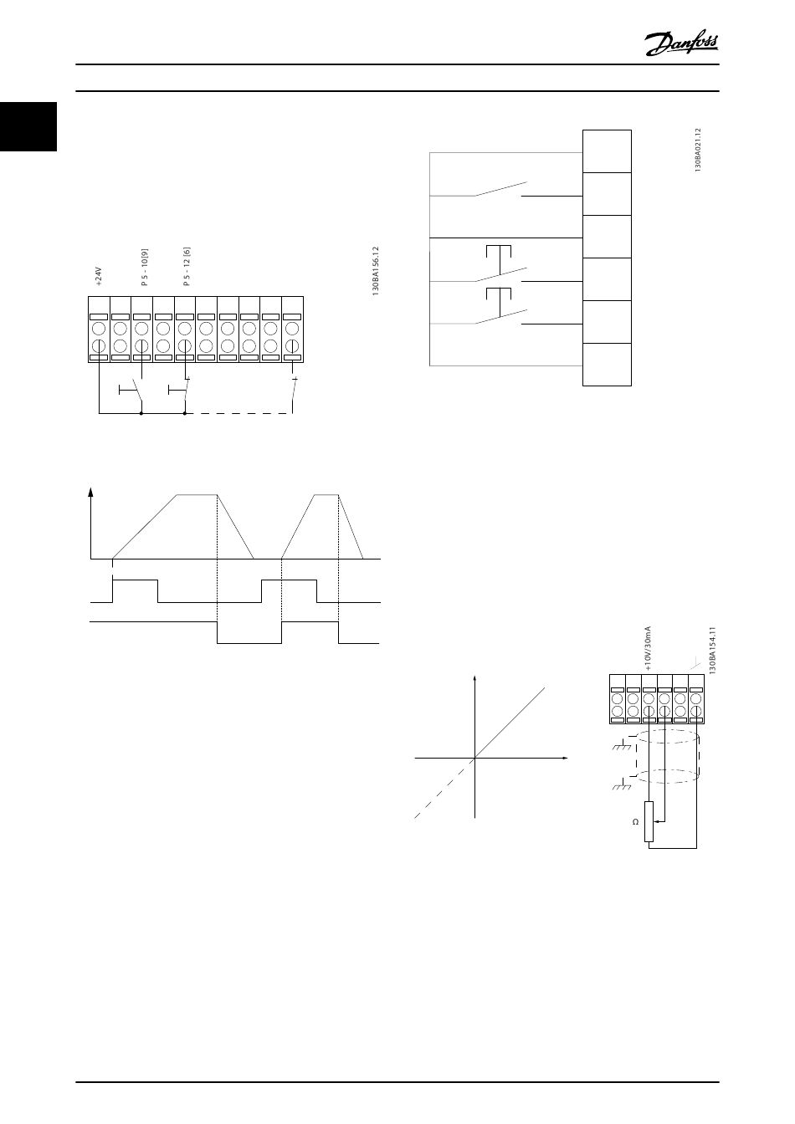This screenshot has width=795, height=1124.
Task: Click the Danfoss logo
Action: pos(682,42)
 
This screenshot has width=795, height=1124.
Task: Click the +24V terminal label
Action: pos(98,276)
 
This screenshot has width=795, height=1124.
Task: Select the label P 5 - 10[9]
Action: pos(144,268)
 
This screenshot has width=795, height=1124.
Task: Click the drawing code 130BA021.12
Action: pos(696,150)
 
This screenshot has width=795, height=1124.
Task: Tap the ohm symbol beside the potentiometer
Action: pos(636,822)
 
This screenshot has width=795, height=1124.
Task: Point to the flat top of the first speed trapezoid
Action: pos(197,495)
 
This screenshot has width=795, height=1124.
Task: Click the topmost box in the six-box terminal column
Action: pos(607,151)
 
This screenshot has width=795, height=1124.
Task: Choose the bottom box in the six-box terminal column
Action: pos(607,365)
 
